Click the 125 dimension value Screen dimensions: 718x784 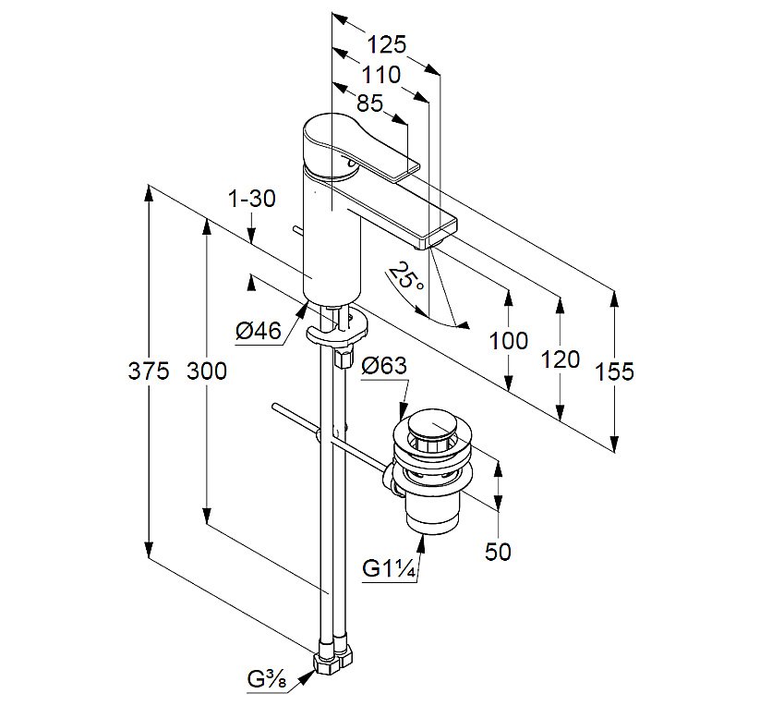point(386,44)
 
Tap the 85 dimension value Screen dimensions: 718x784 point(369,103)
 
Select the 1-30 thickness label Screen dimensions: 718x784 point(251,199)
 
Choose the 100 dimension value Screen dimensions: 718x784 point(509,341)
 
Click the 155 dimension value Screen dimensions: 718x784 point(614,371)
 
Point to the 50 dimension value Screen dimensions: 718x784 point(498,552)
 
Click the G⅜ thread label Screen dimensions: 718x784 point(268,679)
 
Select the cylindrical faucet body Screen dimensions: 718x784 point(331,240)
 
